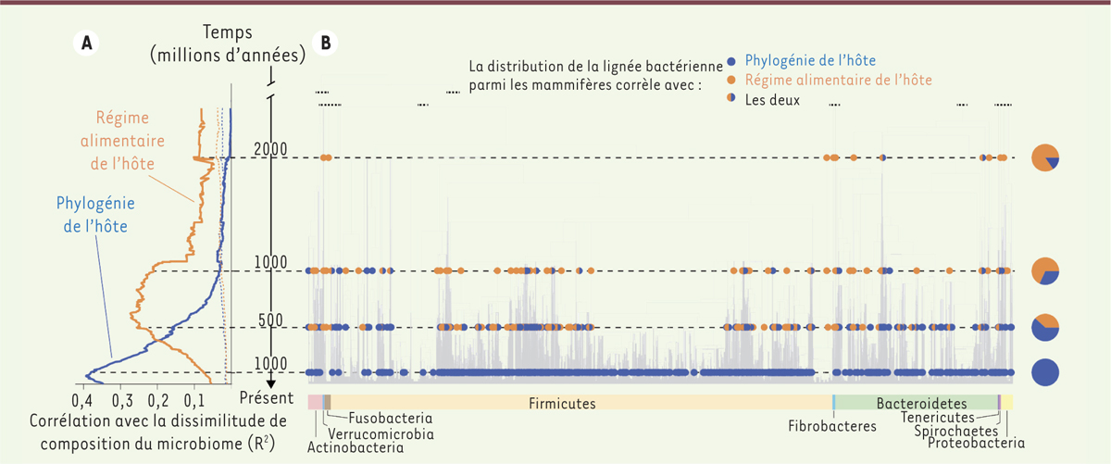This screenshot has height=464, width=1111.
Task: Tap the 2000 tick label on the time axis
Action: [270, 149]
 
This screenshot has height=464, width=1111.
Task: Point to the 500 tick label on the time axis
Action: [269, 320]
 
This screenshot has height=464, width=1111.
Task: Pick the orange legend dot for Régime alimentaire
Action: [732, 80]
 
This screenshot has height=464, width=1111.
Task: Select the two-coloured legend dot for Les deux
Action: [732, 98]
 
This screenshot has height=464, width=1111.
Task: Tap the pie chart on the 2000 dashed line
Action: [1045, 157]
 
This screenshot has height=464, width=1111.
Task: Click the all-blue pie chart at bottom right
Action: [1045, 372]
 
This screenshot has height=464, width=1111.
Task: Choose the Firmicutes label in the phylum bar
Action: [562, 403]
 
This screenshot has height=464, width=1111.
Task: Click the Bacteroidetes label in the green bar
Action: [921, 403]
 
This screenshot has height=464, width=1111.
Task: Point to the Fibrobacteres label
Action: [832, 427]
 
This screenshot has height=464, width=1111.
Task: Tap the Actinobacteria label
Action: [356, 448]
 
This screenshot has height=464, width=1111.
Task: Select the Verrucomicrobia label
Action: [381, 433]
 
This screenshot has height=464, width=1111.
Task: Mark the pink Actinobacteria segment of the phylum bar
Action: [315, 402]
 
